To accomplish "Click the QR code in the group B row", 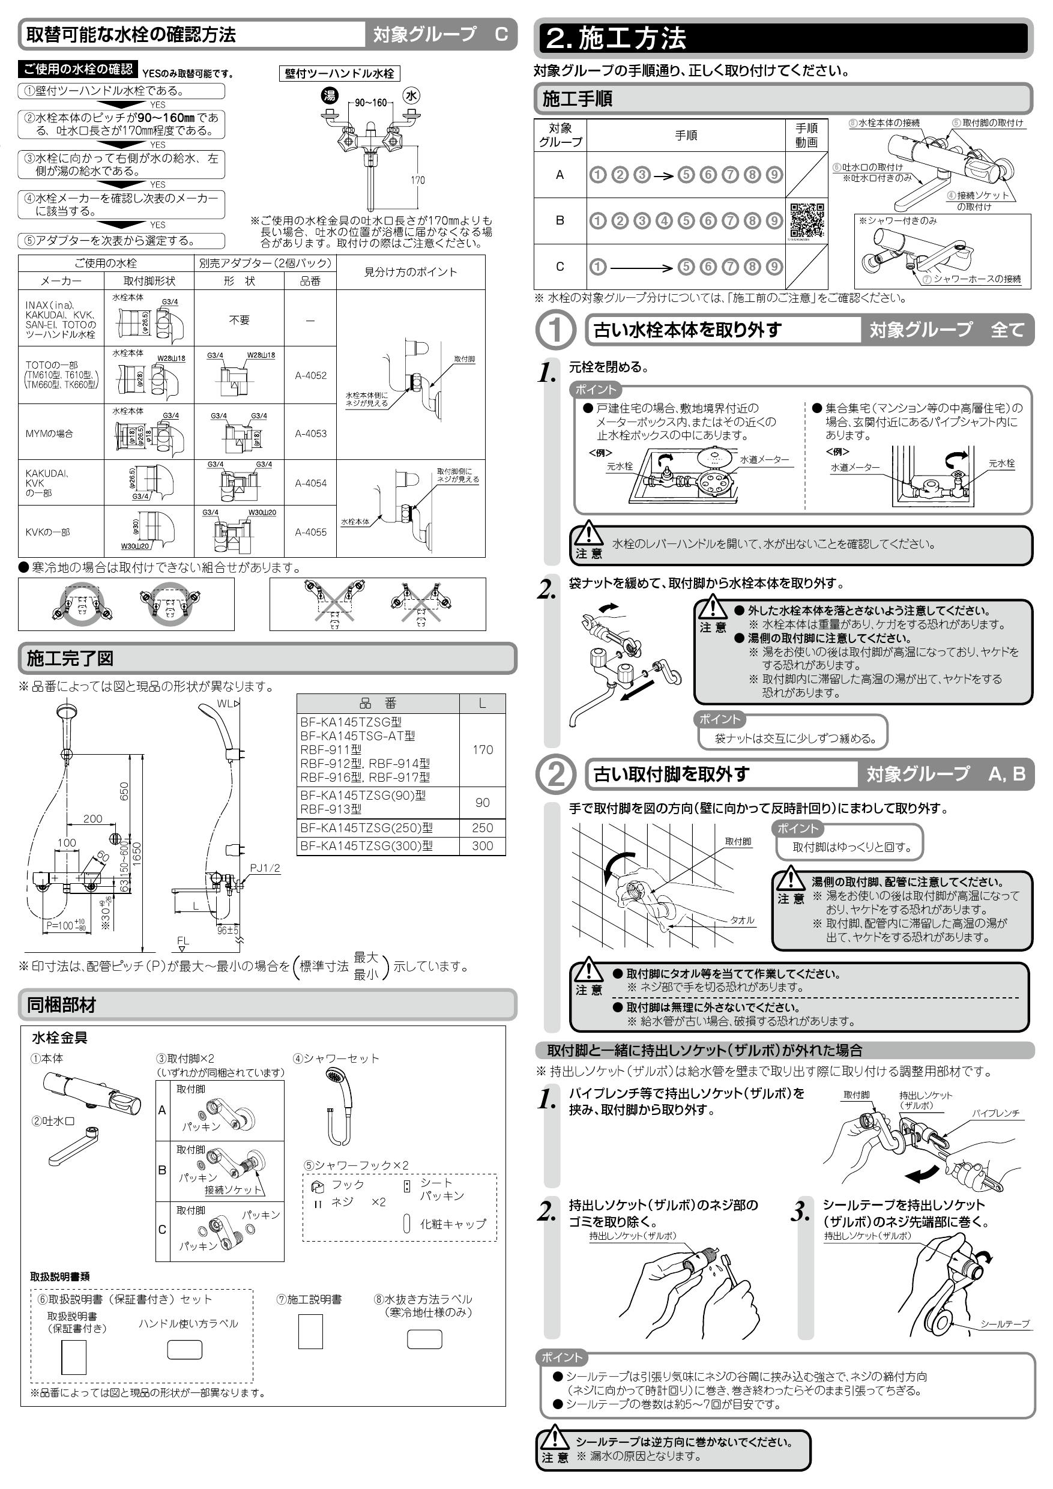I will click(807, 220).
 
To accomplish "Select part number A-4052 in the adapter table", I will click(310, 375).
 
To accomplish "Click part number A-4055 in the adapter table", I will click(310, 533).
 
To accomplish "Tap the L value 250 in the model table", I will click(483, 828).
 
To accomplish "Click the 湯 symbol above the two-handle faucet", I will click(330, 96).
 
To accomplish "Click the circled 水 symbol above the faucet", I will click(412, 96).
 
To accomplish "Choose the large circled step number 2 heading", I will click(556, 775).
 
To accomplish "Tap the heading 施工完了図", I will click(70, 659).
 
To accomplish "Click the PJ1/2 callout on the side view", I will click(265, 868).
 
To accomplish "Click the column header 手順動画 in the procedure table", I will click(807, 136).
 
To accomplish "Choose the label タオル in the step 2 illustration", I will click(742, 920).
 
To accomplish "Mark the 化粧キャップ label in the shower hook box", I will click(453, 1224).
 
